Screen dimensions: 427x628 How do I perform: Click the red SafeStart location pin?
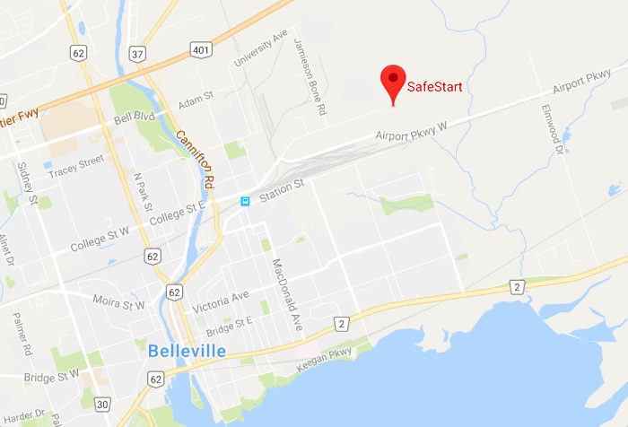[393, 82]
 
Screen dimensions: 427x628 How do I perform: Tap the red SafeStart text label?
[435, 87]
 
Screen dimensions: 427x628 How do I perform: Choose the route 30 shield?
[102, 405]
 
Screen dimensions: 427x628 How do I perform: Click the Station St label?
[283, 189]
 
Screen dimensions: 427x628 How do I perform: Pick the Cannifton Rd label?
[196, 161]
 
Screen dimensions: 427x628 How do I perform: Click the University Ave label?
[260, 49]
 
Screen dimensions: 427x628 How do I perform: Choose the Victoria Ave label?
[227, 296]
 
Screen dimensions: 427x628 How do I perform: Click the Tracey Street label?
[76, 166]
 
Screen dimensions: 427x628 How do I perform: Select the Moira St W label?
[119, 306]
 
